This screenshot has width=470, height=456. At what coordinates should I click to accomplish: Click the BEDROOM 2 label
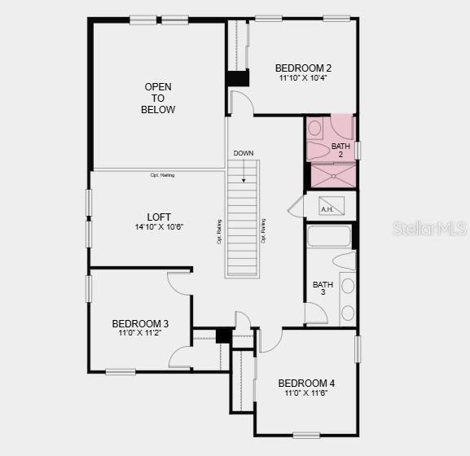[303, 68]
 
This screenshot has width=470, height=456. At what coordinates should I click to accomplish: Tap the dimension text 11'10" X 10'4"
[303, 79]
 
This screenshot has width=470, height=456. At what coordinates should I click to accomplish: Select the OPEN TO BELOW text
[158, 98]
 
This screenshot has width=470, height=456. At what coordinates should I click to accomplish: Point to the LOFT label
[159, 217]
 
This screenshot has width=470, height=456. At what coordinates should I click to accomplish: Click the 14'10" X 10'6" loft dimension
[159, 227]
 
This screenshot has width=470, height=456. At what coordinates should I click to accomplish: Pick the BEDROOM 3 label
[140, 324]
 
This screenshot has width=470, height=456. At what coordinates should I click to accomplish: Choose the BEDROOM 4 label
[306, 384]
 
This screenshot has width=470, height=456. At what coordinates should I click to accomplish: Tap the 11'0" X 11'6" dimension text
[306, 393]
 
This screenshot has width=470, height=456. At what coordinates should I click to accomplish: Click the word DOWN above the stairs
[243, 153]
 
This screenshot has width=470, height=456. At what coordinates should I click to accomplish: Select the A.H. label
[327, 209]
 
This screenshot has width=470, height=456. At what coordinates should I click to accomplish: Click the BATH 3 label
[323, 288]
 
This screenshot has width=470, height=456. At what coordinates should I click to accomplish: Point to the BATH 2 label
[340, 150]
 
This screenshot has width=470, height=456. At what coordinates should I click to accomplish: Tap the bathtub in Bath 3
[329, 237]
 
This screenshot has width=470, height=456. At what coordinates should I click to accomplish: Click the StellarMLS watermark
[430, 229]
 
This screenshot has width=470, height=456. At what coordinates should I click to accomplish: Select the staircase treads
[243, 220]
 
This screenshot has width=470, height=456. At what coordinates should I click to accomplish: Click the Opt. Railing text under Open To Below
[162, 175]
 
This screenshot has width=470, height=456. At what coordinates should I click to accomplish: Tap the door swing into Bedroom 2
[241, 103]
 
